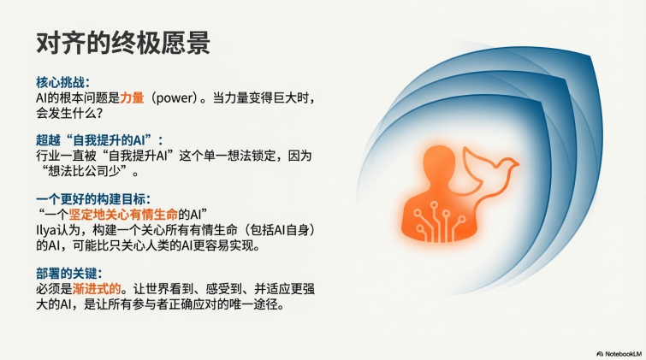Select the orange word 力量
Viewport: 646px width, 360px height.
point(133,98)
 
